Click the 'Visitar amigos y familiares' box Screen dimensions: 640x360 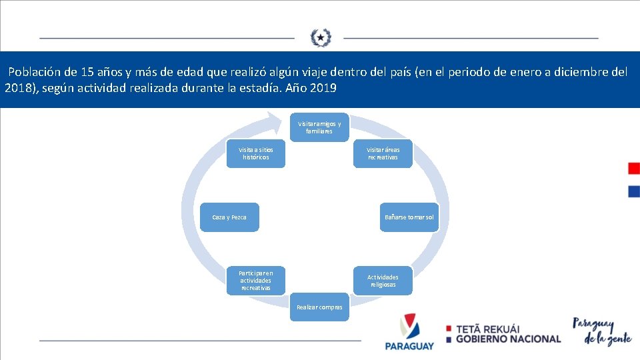point(319,127)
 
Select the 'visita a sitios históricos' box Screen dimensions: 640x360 point(256,154)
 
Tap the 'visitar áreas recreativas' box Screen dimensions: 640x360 point(383,154)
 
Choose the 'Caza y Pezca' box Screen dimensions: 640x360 point(229,217)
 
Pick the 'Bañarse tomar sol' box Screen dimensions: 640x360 point(409,217)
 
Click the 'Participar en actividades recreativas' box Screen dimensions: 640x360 point(256,281)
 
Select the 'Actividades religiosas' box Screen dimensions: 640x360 point(383,281)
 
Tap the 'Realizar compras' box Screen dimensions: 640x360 point(319,307)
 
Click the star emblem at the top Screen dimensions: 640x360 point(320,37)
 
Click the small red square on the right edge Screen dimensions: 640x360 point(633,168)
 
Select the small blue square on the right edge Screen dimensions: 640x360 point(633,191)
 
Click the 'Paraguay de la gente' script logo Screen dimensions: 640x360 point(602,330)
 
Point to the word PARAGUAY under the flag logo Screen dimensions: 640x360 point(409,346)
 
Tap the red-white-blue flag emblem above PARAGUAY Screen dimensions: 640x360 point(408,326)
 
